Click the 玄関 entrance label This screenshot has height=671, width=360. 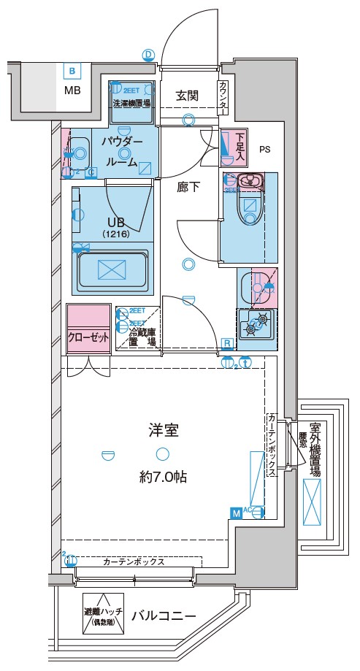pos(188,95)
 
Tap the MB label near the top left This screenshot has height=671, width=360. pos(72,91)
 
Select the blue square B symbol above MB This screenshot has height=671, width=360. pos(72,72)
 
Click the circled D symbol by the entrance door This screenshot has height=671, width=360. pos(148,54)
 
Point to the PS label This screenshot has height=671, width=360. pos(264,150)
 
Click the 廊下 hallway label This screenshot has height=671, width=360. pos(188,186)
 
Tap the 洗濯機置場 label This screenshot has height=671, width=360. pos(131,104)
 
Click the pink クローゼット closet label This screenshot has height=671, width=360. pos(88,337)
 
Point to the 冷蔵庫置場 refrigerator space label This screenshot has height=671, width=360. pos(143,336)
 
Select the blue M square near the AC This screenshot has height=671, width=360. pos(236,513)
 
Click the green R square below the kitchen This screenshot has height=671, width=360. pos(227,342)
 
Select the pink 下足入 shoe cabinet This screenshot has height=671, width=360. pos(234,143)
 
